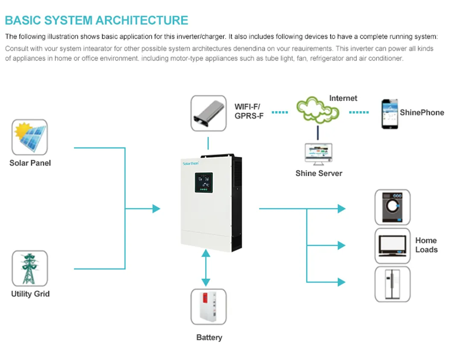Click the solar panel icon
29,137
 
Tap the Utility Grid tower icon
29,268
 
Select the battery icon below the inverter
209,307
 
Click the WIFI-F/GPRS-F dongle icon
209,113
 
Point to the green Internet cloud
318,110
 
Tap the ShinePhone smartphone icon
389,114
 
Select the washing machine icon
392,207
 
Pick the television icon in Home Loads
392,245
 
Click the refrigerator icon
392,284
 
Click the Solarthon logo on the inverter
191,163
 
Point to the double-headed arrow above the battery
206,268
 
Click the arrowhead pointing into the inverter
156,209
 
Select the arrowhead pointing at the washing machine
341,209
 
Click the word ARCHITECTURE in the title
141,20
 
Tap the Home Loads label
426,245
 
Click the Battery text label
209,337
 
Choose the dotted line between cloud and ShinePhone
359,112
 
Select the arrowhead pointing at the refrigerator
341,282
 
